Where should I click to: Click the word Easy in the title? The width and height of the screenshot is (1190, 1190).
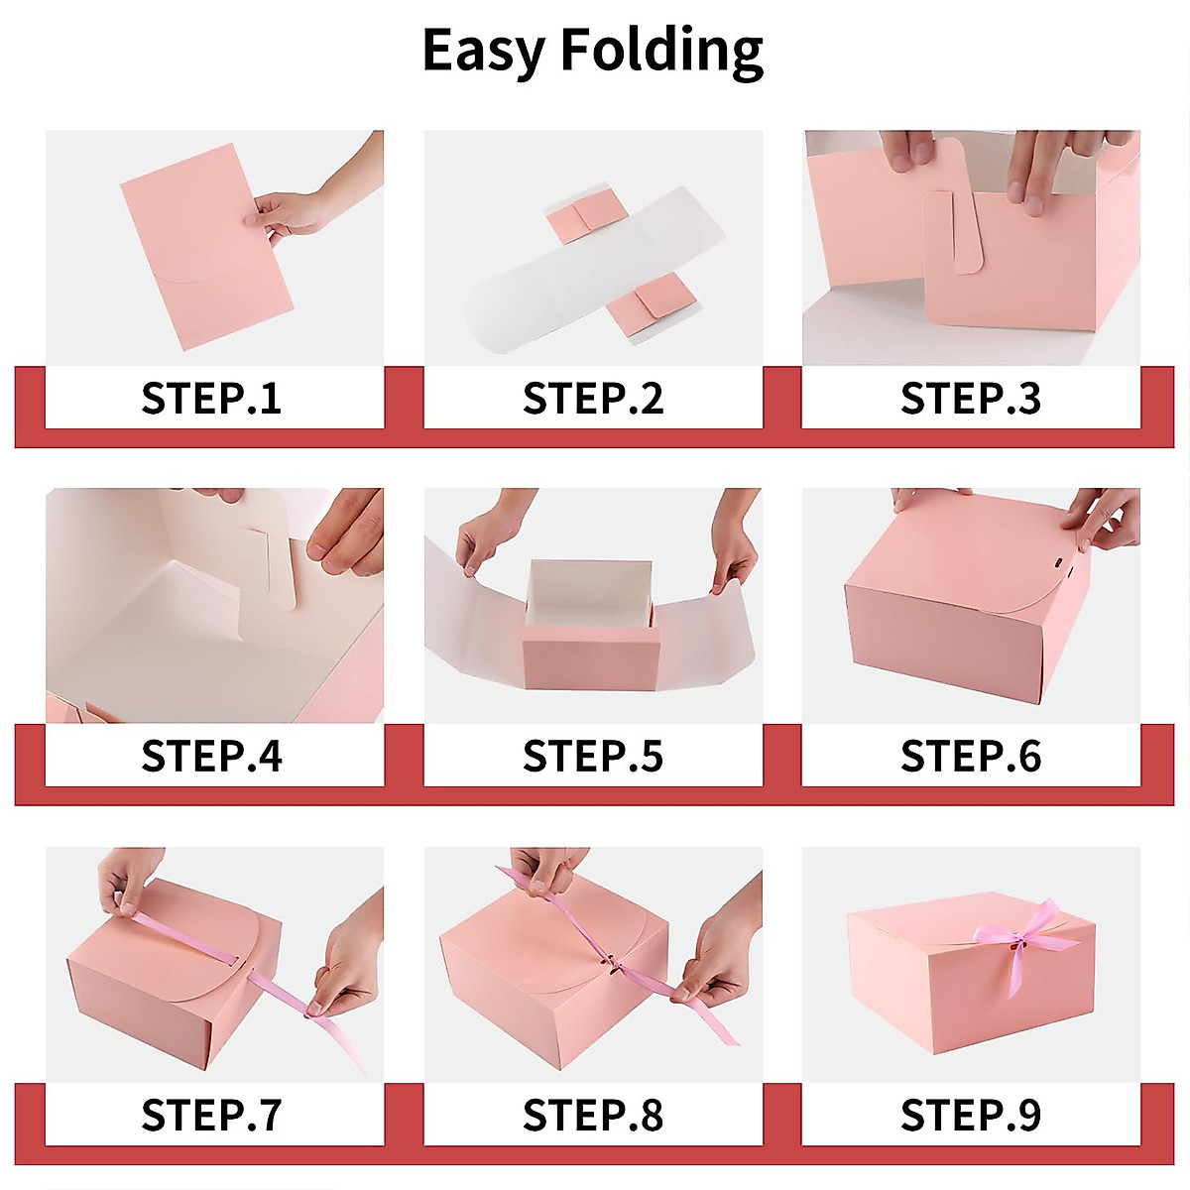484,50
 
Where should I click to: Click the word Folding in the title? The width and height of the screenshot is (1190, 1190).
661,50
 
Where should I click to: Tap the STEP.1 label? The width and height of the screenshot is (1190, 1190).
211,398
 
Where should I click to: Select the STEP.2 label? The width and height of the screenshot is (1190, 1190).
593,398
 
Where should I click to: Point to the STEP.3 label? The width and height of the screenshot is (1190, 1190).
970,398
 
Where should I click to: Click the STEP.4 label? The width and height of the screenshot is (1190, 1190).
211,756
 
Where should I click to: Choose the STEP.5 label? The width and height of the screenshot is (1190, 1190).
593,756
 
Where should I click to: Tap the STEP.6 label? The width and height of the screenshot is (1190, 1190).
970,756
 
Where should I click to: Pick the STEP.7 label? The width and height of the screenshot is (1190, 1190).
211,1115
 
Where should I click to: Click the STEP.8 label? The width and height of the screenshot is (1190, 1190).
593,1115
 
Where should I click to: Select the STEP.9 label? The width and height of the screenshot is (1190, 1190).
970,1115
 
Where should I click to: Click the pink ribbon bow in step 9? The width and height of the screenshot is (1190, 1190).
1011,937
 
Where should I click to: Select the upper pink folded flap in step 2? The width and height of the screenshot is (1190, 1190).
584,220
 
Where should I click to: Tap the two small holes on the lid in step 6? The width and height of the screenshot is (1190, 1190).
1063,567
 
